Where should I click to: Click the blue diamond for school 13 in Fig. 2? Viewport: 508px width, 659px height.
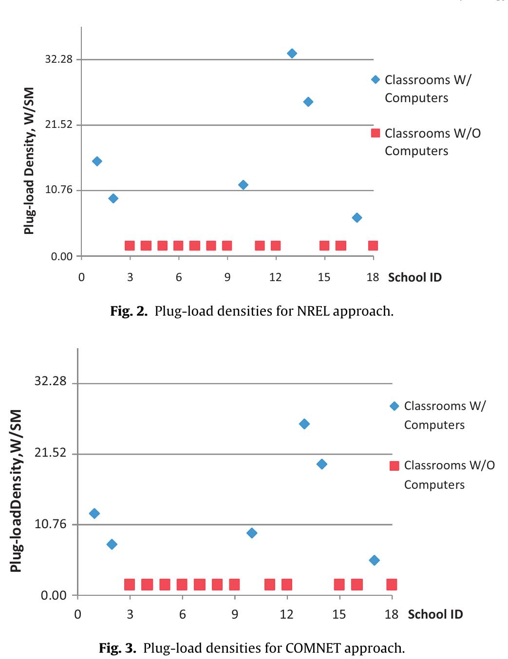pyautogui.click(x=292, y=53)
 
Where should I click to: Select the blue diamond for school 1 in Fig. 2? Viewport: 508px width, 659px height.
pyautogui.click(x=97, y=161)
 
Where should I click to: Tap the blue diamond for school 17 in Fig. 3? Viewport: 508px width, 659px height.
pyautogui.click(x=374, y=560)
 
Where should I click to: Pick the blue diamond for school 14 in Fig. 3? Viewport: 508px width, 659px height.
pyautogui.click(x=321, y=464)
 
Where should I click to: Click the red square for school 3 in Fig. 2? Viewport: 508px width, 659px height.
pyautogui.click(x=130, y=246)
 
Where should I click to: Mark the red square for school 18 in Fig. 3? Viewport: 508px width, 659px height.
pyautogui.click(x=392, y=584)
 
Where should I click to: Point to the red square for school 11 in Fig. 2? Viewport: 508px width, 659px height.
pyautogui.click(x=260, y=246)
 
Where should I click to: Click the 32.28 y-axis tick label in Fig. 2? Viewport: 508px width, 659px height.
pyautogui.click(x=58, y=59)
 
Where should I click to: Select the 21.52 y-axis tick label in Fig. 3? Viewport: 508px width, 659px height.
pyautogui.click(x=50, y=453)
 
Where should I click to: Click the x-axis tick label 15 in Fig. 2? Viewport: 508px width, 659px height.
pyautogui.click(x=324, y=277)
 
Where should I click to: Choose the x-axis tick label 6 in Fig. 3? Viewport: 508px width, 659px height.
pyautogui.click(x=182, y=614)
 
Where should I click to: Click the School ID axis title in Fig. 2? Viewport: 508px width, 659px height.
pyautogui.click(x=414, y=278)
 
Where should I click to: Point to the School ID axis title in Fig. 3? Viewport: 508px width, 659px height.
pyautogui.click(x=435, y=614)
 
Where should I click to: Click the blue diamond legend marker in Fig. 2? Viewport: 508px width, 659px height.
pyautogui.click(x=375, y=80)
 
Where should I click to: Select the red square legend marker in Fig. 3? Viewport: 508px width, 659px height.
pyautogui.click(x=395, y=466)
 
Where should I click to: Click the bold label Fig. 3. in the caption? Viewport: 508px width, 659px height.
pyautogui.click(x=117, y=648)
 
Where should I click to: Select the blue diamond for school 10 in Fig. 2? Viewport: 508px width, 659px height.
pyautogui.click(x=243, y=185)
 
